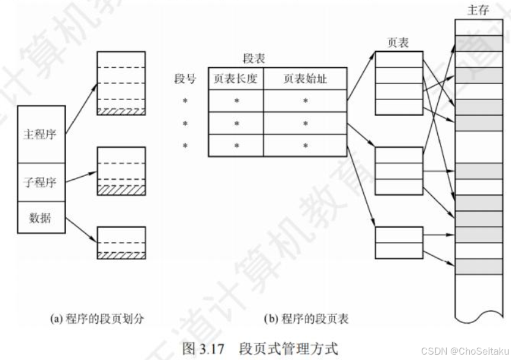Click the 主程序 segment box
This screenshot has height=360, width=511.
tap(40, 134)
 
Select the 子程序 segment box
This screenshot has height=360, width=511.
tap(40, 182)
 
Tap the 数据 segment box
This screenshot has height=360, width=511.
tap(40, 218)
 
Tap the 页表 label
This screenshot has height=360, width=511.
tap(398, 43)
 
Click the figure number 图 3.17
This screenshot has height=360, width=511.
tap(205, 346)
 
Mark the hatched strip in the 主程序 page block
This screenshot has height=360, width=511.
tap(121, 111)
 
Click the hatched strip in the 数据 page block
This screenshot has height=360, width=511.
tap(121, 255)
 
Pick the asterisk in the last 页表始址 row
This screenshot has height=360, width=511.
tap(305, 146)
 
